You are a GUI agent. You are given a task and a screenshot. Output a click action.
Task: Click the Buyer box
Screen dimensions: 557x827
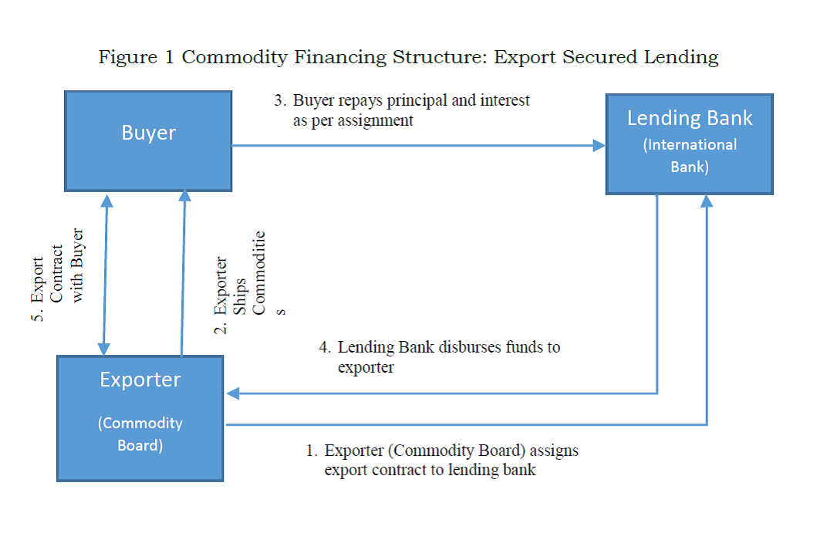(148, 141)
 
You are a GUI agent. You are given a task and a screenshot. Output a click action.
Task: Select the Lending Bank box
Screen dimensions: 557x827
(689, 144)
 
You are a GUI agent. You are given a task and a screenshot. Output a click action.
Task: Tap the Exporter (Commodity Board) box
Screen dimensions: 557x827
(140, 417)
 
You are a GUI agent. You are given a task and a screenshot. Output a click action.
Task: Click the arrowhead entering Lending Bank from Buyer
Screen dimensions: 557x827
(599, 145)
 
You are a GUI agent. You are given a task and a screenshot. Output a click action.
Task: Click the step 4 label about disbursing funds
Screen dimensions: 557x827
(441, 357)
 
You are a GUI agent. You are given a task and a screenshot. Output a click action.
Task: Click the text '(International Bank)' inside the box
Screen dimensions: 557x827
(690, 155)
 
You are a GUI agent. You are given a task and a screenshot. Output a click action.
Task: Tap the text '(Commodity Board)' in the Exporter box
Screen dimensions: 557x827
(140, 434)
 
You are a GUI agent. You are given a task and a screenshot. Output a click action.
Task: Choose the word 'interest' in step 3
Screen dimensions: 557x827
(505, 101)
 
